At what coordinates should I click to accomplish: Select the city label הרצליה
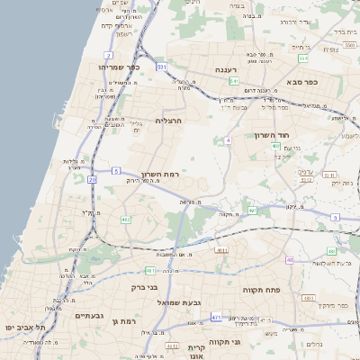click(x=169, y=120)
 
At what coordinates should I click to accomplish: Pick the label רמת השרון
click(x=161, y=174)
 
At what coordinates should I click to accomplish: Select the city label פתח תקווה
click(x=262, y=290)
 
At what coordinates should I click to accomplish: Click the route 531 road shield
click(x=162, y=67)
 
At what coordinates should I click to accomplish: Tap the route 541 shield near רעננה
click(x=233, y=81)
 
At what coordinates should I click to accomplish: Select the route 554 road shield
click(x=303, y=58)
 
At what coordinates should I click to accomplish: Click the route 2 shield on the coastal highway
click(x=108, y=56)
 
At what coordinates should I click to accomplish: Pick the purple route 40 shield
click(x=290, y=259)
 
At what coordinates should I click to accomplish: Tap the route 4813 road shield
click(x=309, y=297)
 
